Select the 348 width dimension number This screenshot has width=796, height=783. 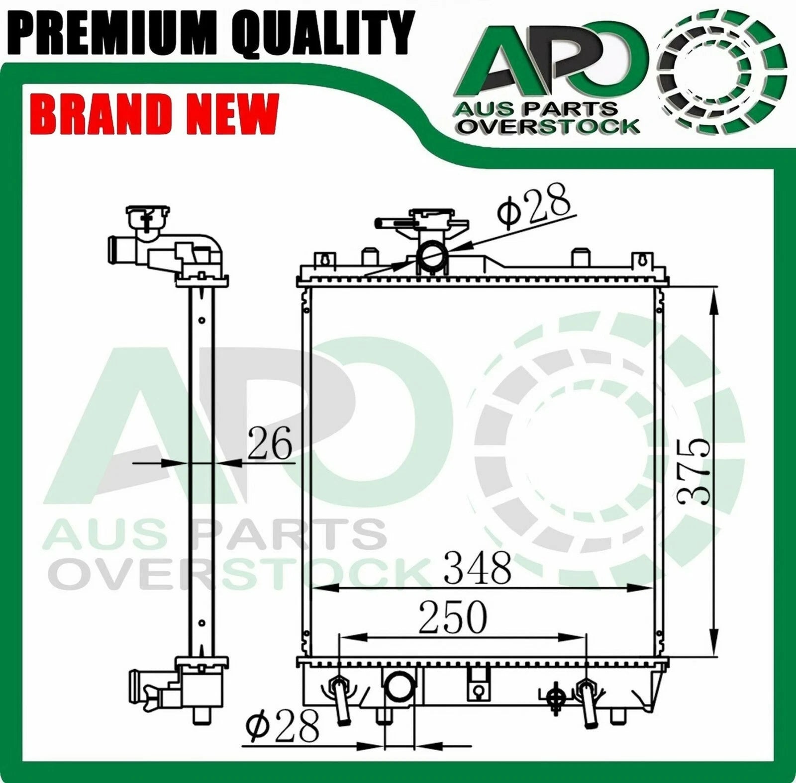point(477,567)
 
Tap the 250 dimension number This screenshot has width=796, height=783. point(452,617)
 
